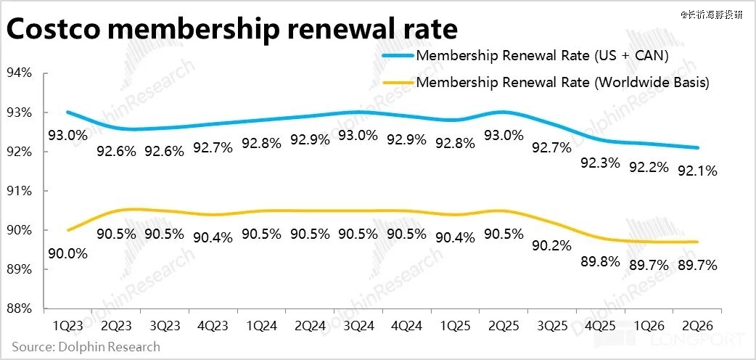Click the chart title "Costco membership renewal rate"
pyautogui.click(x=231, y=29)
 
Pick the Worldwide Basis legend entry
pyautogui.click(x=562, y=82)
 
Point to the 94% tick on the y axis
pyautogui.click(x=19, y=73)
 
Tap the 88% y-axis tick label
pyautogui.click(x=19, y=308)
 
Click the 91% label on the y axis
pyautogui.click(x=19, y=191)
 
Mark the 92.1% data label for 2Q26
pyautogui.click(x=697, y=171)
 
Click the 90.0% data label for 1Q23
pyautogui.click(x=67, y=253)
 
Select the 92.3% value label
pyautogui.click(x=600, y=163)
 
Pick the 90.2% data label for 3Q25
pyautogui.click(x=551, y=246)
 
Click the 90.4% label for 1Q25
pyautogui.click(x=455, y=236)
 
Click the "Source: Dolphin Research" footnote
pyautogui.click(x=86, y=346)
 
